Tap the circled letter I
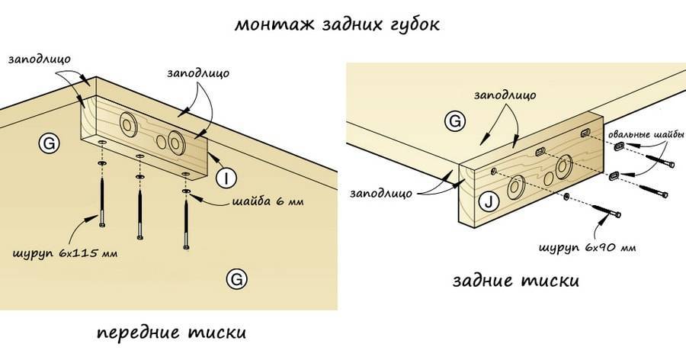pos(226,178)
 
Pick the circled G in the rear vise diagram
pos(455,121)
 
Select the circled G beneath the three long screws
pos(237,280)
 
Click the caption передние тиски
pos(172,333)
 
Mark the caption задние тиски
pos(515,281)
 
